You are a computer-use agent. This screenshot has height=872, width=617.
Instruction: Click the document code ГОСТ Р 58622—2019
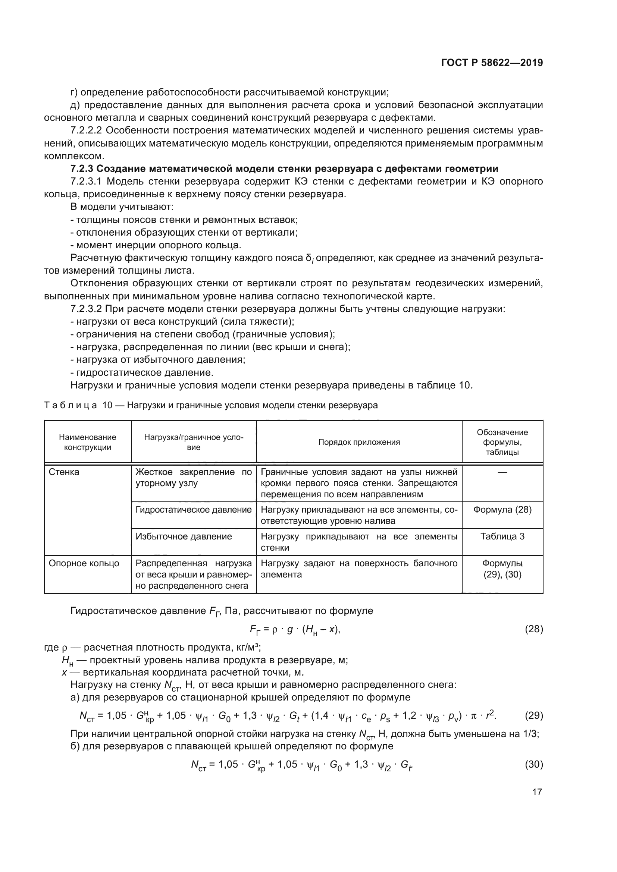tap(492, 63)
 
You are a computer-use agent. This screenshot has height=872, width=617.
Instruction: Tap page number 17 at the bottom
tap(537, 792)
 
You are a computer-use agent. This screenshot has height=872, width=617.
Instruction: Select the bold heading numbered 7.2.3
tap(284, 169)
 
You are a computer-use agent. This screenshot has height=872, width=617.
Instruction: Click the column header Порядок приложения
tap(358, 442)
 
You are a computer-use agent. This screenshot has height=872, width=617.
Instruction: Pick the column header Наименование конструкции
tap(87, 442)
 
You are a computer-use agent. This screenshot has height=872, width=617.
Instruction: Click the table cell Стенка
tap(64, 472)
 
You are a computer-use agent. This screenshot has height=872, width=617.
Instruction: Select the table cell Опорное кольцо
tap(84, 563)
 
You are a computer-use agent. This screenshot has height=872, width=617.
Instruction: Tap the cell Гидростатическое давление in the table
tap(193, 510)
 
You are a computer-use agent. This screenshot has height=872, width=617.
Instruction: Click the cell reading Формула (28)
tap(502, 510)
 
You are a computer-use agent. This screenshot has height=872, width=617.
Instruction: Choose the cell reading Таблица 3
tap(502, 536)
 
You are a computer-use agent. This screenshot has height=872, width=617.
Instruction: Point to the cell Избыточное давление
tap(184, 536)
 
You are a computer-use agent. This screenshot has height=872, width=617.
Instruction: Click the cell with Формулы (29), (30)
tap(502, 569)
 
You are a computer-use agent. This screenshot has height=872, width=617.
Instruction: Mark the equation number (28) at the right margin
tap(533, 629)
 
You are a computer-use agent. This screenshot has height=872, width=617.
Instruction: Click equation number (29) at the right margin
tap(533, 716)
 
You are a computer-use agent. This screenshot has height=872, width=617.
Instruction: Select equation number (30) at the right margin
tap(533, 765)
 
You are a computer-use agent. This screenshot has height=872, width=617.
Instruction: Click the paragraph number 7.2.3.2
tap(86, 309)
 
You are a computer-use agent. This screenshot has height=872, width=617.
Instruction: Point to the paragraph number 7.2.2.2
tap(86, 130)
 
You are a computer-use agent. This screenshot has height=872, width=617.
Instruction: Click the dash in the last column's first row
tap(502, 472)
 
